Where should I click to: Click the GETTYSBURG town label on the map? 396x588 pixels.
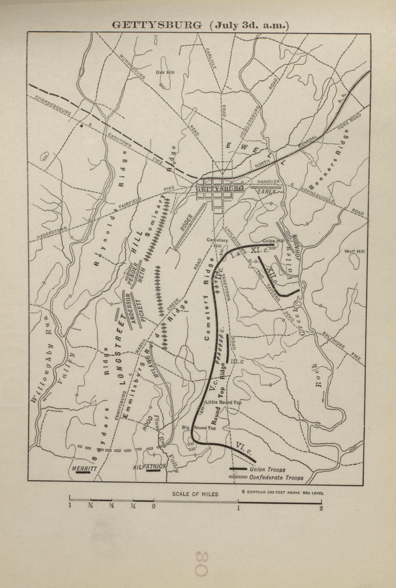click(x=219, y=189)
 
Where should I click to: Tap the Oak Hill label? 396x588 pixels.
click(x=165, y=72)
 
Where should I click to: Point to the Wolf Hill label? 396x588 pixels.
click(x=354, y=251)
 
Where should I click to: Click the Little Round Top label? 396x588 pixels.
click(x=223, y=402)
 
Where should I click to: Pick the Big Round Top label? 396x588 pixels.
click(x=199, y=428)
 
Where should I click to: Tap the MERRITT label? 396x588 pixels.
click(x=84, y=468)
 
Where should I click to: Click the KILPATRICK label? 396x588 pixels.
click(x=149, y=466)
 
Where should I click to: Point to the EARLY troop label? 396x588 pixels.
click(x=266, y=192)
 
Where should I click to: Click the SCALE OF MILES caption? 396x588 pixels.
click(x=195, y=494)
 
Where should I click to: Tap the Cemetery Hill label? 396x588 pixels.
click(x=217, y=243)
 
